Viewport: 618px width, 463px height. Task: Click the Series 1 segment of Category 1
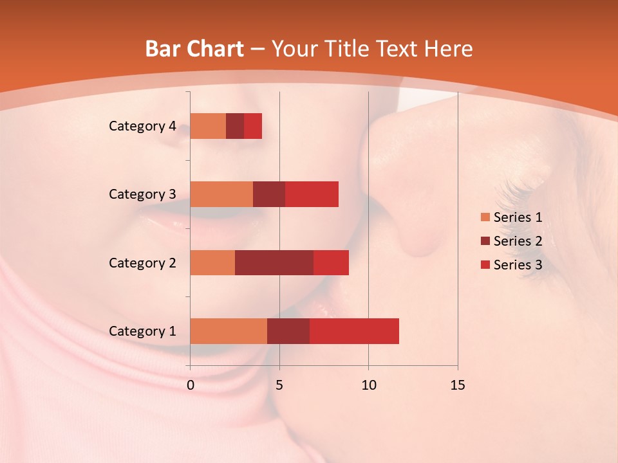pos(229,331)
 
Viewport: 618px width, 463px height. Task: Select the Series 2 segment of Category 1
pos(288,331)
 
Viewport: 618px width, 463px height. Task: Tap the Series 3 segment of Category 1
pos(354,331)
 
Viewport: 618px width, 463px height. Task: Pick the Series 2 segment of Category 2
pos(274,262)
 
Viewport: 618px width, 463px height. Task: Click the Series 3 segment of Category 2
pos(331,262)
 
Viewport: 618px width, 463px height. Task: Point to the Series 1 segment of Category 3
pos(221,194)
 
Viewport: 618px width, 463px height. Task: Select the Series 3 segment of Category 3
pos(312,194)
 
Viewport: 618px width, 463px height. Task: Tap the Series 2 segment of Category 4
pos(235,126)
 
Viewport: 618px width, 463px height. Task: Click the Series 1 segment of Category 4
pos(208,126)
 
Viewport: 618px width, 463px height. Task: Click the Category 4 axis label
pos(142,126)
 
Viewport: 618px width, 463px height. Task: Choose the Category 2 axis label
pos(142,262)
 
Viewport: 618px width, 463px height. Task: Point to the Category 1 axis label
pos(142,331)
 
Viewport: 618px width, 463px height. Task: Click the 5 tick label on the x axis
pos(279,385)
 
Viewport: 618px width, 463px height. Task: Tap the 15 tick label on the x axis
pos(457,385)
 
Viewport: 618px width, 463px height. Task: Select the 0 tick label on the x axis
pos(191,385)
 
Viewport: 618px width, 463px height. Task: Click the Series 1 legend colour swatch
pos(485,217)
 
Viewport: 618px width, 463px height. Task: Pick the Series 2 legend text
pos(518,241)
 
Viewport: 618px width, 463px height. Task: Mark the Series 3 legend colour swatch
pos(485,265)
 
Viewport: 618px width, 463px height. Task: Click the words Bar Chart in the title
pos(194,49)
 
